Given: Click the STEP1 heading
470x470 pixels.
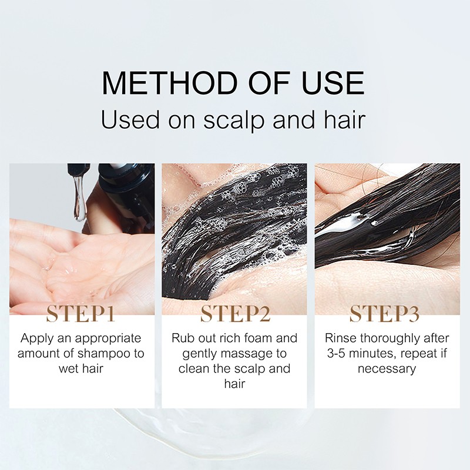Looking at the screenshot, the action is tap(80, 314).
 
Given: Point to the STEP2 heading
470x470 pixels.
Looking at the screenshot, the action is tap(236, 314).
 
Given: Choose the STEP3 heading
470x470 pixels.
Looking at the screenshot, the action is tap(385, 314).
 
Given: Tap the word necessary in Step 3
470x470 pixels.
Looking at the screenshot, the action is tap(387, 369).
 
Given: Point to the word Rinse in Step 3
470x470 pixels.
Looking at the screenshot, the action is tap(341, 338).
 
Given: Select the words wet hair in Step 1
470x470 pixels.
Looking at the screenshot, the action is tap(81, 369).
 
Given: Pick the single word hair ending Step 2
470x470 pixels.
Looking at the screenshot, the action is tap(234, 384).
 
